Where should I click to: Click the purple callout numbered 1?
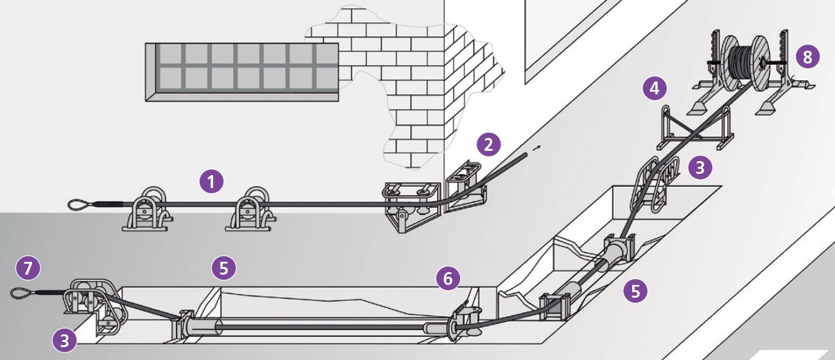pyautogui.click(x=211, y=182)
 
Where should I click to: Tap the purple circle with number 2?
pyautogui.click(x=488, y=144)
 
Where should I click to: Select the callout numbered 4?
pyautogui.click(x=655, y=89)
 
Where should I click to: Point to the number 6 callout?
pyautogui.click(x=448, y=278)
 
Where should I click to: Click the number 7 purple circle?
pyautogui.click(x=28, y=268)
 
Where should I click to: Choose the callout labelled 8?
pyautogui.click(x=808, y=57)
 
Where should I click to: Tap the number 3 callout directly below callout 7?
pyautogui.click(x=64, y=340)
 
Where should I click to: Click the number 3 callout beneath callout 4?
pyautogui.click(x=700, y=167)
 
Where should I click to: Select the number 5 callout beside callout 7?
pyautogui.click(x=223, y=268)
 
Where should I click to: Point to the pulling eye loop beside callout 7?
pyautogui.click(x=21, y=293)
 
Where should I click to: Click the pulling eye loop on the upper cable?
pyautogui.click(x=79, y=205)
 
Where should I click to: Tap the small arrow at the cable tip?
pyautogui.click(x=537, y=148)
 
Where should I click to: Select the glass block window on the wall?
pyautogui.click(x=242, y=72)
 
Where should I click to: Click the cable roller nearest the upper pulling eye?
pyautogui.click(x=148, y=209)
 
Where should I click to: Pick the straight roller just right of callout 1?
pyautogui.click(x=251, y=209)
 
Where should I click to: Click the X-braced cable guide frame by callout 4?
pyautogui.click(x=695, y=128)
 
